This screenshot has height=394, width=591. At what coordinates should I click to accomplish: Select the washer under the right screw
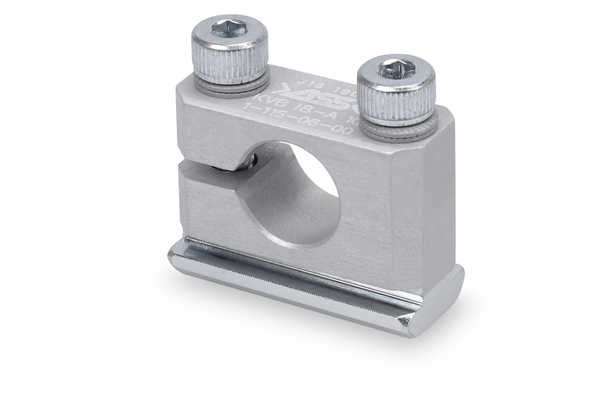point(402,129)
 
